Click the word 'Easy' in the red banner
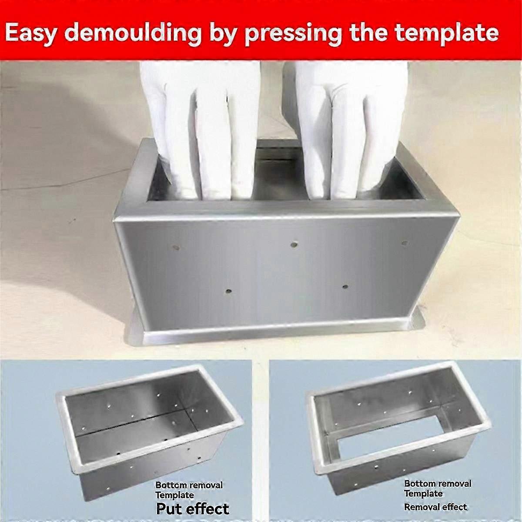click(x=31, y=33)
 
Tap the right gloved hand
click(x=344, y=126)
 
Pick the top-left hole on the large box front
click(x=176, y=248)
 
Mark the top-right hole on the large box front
click(x=405, y=243)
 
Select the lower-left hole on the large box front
click(x=228, y=291)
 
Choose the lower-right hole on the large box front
click(x=345, y=287)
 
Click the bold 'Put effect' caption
click(x=192, y=508)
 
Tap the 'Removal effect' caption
click(x=435, y=507)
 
